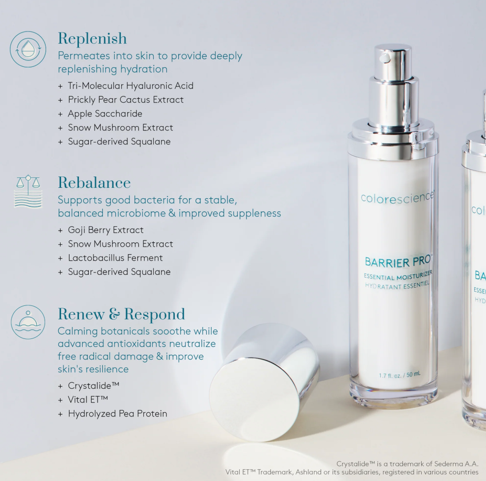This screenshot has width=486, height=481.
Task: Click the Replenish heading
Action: coord(92,39)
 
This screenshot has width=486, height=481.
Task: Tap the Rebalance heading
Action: coord(94,183)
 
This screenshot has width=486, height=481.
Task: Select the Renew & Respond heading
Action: coord(121,314)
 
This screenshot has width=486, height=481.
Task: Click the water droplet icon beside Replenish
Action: coord(28,49)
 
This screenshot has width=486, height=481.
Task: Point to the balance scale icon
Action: coord(28,191)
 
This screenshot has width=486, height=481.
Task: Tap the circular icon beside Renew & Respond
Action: coord(28,322)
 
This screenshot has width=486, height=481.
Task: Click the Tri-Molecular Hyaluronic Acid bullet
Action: coord(130,86)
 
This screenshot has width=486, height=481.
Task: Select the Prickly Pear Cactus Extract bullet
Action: coord(125,100)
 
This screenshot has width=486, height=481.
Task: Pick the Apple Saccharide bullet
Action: coord(105,113)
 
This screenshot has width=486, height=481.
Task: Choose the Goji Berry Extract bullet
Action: coord(106,230)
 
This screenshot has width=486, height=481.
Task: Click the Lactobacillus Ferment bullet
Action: coord(115,258)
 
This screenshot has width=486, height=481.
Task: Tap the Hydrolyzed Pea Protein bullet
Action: coord(118,414)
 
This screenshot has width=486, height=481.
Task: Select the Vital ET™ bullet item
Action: coord(88,400)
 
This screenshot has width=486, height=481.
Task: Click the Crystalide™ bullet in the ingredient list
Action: coord(94,385)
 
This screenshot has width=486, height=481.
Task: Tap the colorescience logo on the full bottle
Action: coord(397,197)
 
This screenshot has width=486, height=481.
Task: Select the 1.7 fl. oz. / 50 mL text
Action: coord(400,375)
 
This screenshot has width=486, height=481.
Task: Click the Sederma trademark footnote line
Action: coord(407,464)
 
